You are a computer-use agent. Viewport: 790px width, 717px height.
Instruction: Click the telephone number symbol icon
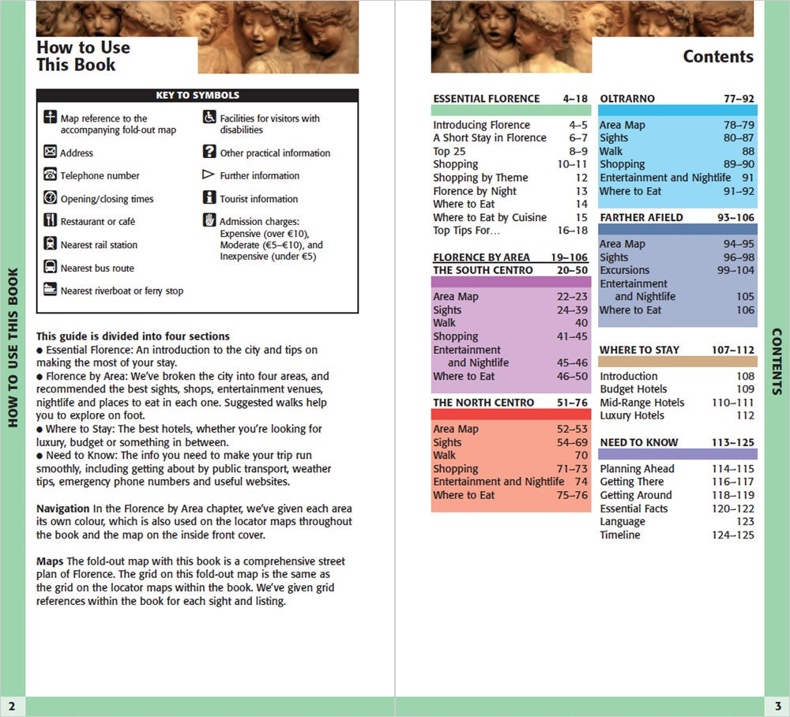[51, 175]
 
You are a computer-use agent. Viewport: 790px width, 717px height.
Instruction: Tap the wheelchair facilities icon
[209, 118]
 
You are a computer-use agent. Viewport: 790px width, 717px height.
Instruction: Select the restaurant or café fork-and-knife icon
[51, 221]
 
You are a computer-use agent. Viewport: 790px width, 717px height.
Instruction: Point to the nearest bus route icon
[51, 267]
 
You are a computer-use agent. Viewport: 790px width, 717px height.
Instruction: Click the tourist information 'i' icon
[209, 198]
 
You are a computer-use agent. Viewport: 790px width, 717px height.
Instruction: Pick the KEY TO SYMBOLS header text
[197, 96]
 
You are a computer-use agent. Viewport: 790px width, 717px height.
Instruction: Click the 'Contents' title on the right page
[718, 56]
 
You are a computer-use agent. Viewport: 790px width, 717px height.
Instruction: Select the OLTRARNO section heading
[627, 99]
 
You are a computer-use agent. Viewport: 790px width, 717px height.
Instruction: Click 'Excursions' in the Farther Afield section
[624, 270]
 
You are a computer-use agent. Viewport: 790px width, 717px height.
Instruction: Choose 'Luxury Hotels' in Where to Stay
[632, 415]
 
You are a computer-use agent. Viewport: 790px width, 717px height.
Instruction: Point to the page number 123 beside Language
[744, 522]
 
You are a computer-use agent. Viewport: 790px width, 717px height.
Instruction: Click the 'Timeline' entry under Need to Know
[620, 535]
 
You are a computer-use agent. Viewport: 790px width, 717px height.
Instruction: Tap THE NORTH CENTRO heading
[472, 402]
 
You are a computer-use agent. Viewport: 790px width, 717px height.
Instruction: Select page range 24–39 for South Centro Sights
[571, 310]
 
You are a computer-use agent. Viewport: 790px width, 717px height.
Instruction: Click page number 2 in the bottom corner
[12, 705]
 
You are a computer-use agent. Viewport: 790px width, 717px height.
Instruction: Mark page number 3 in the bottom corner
[777, 705]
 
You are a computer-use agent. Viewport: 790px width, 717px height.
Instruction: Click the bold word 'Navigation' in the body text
[62, 509]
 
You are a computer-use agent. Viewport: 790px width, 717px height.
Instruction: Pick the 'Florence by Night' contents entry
[474, 191]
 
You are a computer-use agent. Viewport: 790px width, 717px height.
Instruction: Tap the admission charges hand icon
[209, 220]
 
